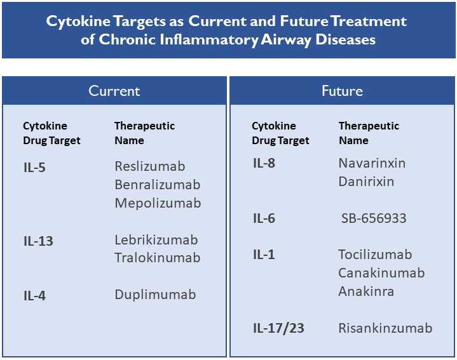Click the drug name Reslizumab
click(150, 166)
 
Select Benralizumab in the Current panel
click(158, 185)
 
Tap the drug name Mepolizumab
click(158, 203)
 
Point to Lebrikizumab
click(156, 240)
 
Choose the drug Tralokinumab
click(158, 258)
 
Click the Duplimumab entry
click(155, 295)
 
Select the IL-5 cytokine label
click(34, 168)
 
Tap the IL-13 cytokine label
click(38, 241)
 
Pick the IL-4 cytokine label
click(34, 296)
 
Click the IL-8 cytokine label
click(264, 163)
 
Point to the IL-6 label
click(264, 218)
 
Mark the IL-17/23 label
click(278, 328)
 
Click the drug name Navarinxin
click(372, 163)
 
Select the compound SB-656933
click(374, 218)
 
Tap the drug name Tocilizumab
click(375, 255)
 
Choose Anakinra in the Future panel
click(366, 291)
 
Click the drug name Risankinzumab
click(385, 328)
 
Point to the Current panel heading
click(114, 91)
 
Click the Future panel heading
click(342, 91)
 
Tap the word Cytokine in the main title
click(78, 22)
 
